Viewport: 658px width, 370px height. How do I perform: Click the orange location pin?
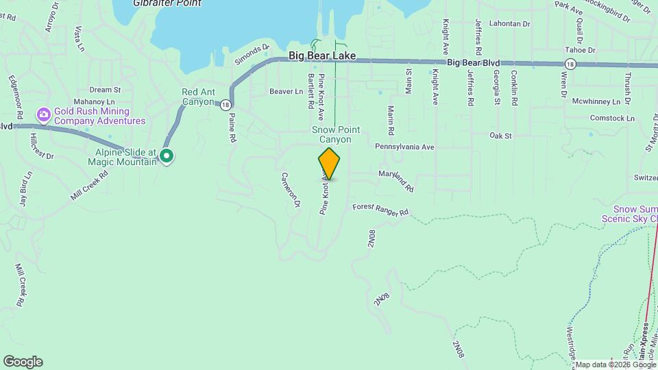[329, 163]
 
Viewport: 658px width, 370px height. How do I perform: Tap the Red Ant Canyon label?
[198, 97]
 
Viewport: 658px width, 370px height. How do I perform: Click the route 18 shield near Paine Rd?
[226, 104]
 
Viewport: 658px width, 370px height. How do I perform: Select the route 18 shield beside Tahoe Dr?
[570, 64]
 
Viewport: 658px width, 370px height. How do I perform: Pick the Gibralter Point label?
[167, 3]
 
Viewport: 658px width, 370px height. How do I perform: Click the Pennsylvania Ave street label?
[404, 147]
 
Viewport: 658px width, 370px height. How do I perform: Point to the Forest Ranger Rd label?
[380, 209]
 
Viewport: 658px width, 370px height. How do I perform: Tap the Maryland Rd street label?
[396, 181]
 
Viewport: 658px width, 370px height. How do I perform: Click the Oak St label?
[500, 136]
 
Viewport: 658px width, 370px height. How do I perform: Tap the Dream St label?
[105, 89]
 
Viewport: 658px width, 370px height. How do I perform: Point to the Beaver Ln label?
[286, 91]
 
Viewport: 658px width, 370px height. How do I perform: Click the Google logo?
[23, 362]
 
